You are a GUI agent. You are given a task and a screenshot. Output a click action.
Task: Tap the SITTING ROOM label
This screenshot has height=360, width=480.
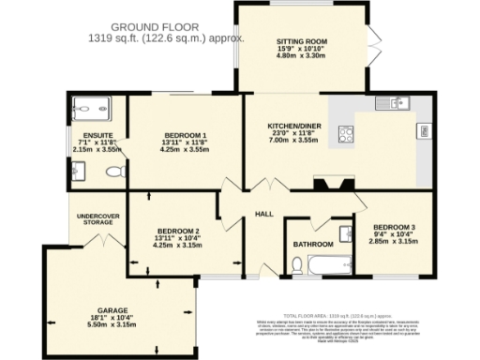point(300,42)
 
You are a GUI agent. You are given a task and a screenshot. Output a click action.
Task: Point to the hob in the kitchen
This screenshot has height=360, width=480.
point(344,133)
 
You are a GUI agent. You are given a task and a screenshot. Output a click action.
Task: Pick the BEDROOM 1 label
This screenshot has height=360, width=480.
point(183,134)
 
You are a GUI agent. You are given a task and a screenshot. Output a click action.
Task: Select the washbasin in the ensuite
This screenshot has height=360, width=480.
point(78,170)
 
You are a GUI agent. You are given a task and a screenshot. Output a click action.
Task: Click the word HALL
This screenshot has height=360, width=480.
point(264,215)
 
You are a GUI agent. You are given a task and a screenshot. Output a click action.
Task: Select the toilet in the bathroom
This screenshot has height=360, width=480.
point(296,266)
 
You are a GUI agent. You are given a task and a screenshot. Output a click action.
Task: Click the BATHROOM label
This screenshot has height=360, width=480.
point(312,244)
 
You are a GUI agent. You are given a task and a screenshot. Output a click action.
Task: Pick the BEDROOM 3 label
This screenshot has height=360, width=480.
point(394,227)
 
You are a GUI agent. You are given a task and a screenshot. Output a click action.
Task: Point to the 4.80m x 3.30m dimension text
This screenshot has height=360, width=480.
point(300,57)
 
